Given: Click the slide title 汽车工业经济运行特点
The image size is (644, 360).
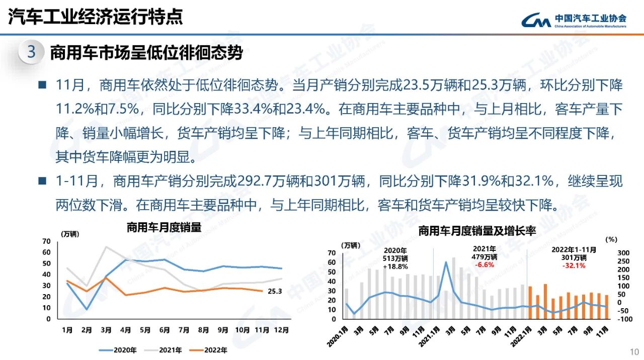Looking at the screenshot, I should (96, 18).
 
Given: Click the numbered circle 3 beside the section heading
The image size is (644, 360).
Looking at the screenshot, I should (31, 52).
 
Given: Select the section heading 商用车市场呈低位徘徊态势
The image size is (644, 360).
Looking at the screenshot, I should (146, 52).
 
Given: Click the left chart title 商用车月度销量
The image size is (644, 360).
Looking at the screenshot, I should (164, 228).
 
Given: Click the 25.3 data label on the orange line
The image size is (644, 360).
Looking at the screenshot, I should (275, 291).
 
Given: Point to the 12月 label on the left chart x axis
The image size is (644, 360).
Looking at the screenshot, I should (281, 330).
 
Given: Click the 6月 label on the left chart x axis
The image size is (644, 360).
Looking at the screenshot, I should (164, 330).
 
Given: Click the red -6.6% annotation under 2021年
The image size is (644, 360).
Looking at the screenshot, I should (485, 265).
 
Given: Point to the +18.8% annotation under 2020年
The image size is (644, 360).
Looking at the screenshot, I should (395, 266).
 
